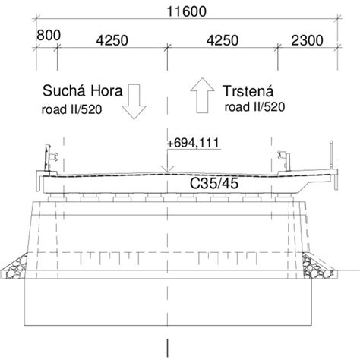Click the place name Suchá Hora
click(79, 92)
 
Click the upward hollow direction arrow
click(204, 93)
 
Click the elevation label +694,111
click(195, 142)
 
